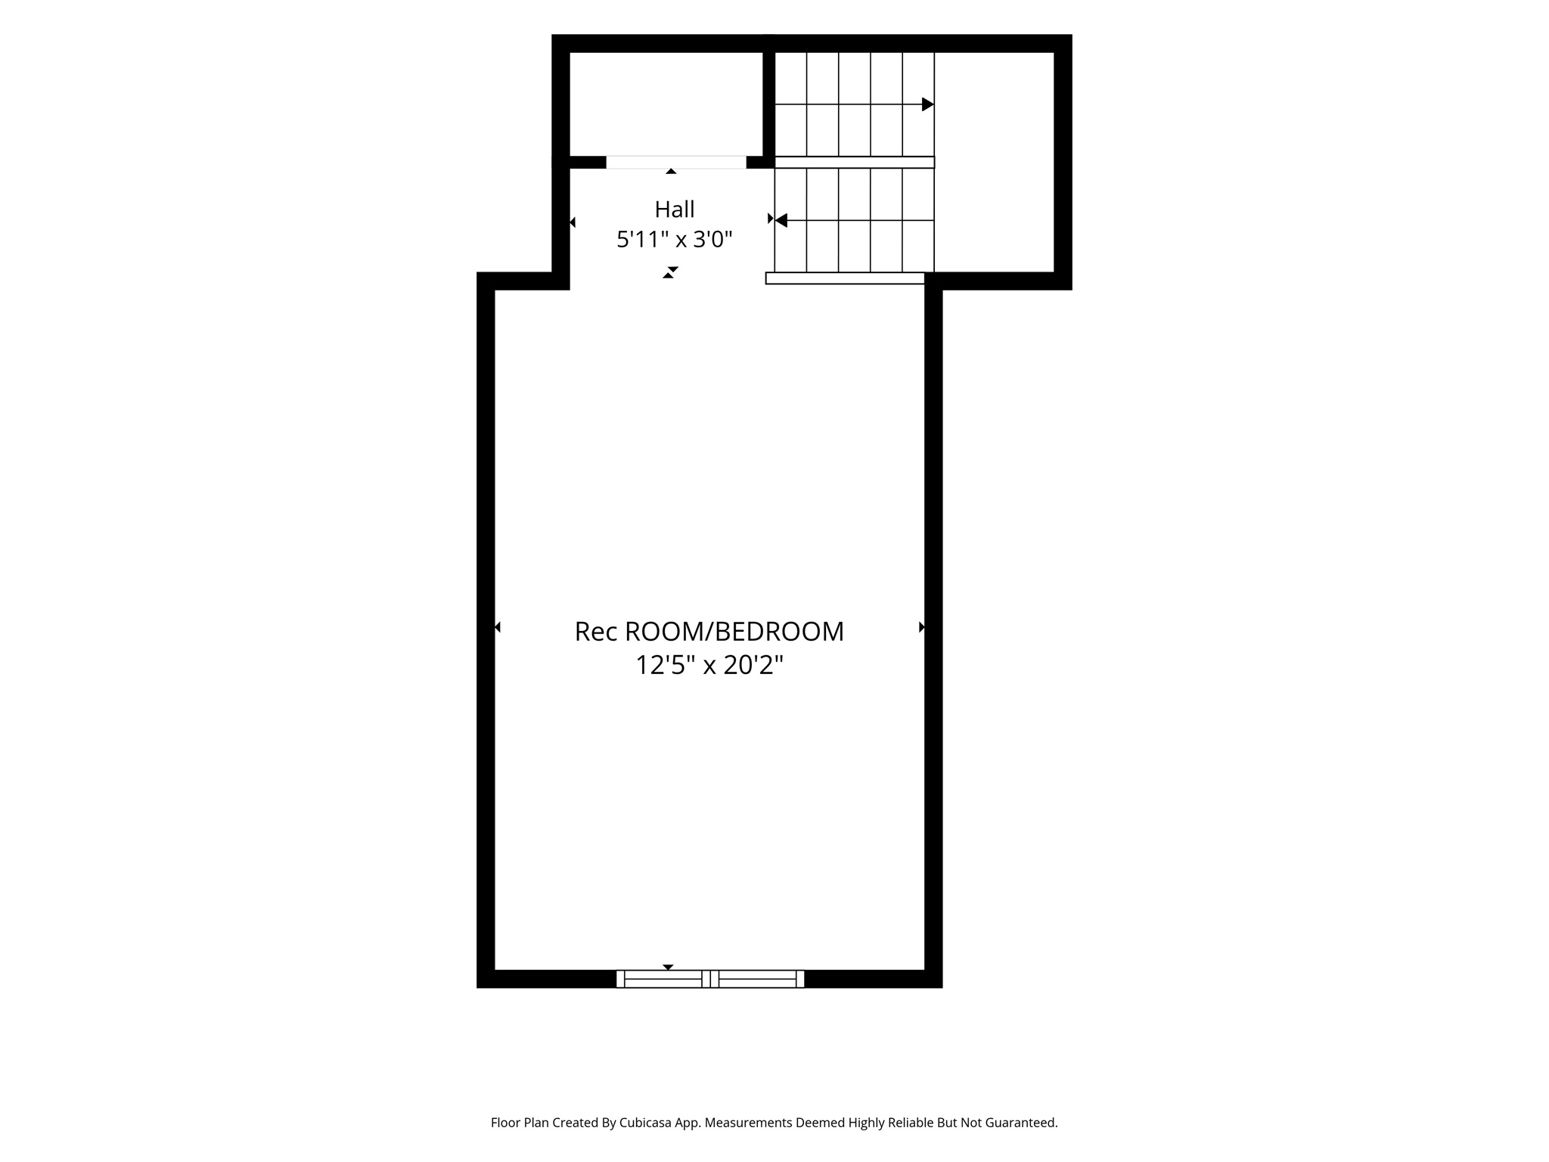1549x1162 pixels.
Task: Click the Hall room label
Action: [x=675, y=209]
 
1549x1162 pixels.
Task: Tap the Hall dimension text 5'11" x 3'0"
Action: [x=675, y=240]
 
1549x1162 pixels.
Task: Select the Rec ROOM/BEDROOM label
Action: [x=709, y=632]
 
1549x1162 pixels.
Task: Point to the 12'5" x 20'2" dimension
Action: [x=709, y=665]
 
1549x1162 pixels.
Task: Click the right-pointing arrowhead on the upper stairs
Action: [x=928, y=104]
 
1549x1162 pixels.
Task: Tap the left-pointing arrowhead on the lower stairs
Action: [x=781, y=220]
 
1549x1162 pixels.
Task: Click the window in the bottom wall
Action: [x=710, y=979]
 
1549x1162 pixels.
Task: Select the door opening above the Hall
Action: [x=676, y=163]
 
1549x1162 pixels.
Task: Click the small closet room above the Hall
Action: [x=666, y=104]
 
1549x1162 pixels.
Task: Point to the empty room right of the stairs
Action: [x=995, y=162]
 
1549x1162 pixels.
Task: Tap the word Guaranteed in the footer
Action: [x=1020, y=1123]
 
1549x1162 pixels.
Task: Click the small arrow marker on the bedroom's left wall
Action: [x=498, y=627]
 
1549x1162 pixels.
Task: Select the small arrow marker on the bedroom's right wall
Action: [x=922, y=627]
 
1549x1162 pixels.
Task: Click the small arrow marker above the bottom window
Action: [x=668, y=967]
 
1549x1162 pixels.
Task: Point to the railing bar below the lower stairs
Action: [x=845, y=278]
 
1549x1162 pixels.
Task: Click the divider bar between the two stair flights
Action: [x=855, y=162]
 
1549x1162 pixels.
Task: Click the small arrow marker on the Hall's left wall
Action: [x=573, y=222]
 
